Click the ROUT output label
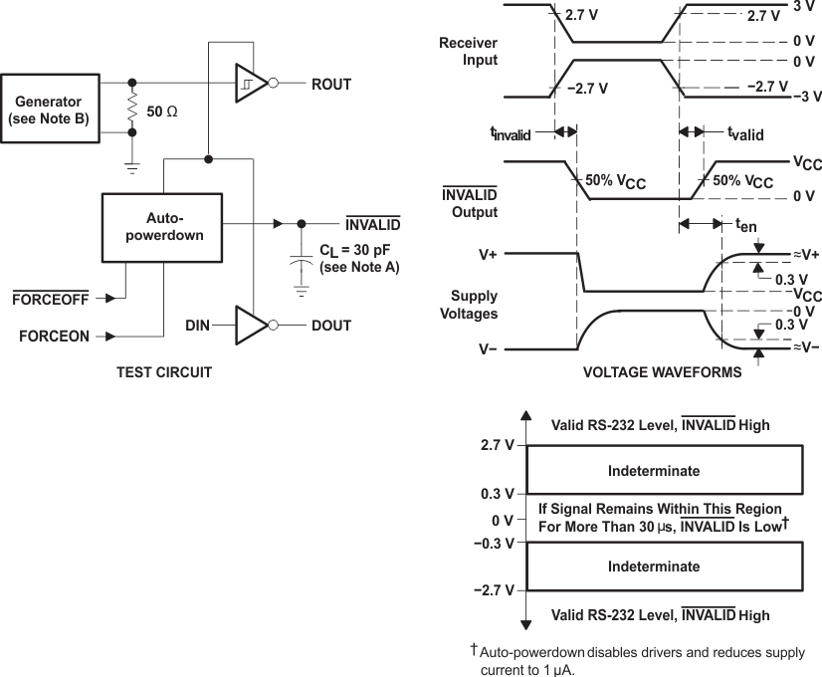coord(331,85)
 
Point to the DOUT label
coord(331,325)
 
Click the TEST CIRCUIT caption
coord(164,373)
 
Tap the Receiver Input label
coord(468,51)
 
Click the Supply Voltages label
coord(474,305)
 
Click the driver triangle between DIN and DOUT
coord(251,325)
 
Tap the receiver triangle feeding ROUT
coord(250,85)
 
